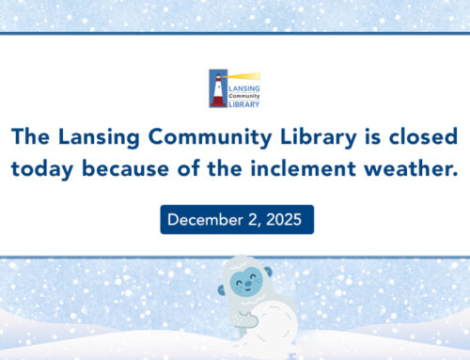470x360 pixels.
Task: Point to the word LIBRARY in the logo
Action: [245, 102]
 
